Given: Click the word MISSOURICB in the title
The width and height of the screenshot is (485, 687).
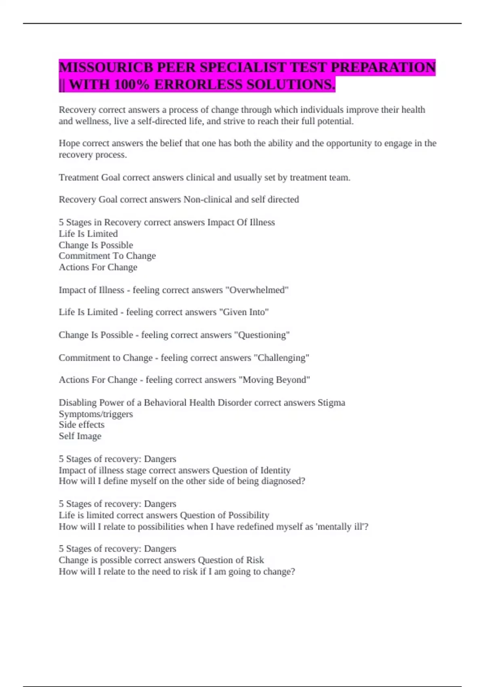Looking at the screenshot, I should [x=106, y=67].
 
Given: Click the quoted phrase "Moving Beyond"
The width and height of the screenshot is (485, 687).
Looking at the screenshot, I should [x=274, y=380].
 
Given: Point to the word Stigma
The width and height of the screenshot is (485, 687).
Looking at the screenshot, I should [x=331, y=403].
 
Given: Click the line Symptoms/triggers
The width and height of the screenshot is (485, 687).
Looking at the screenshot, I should [x=96, y=414].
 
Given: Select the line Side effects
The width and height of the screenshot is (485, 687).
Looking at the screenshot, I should [x=82, y=425].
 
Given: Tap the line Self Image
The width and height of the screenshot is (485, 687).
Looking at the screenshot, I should [x=80, y=436].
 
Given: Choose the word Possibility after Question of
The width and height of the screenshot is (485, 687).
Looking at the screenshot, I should [x=249, y=515].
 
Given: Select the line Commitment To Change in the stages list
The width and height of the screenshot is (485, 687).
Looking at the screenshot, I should [x=107, y=256].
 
